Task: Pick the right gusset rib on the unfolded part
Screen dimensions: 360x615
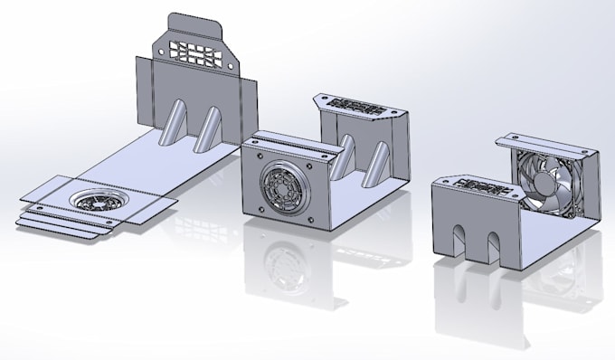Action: click(210, 124)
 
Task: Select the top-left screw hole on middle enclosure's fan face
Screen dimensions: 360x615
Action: click(254, 160)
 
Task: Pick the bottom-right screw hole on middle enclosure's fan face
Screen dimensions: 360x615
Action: click(309, 219)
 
